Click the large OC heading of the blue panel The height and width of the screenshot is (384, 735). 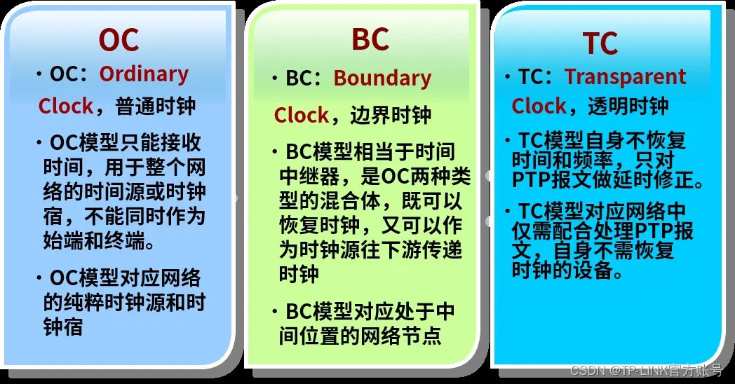tap(119, 40)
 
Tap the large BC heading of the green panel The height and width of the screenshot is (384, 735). tap(370, 40)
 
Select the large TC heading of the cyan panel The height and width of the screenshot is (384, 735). tap(600, 43)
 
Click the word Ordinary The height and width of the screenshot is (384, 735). tap(144, 74)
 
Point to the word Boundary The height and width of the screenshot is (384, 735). tap(382, 78)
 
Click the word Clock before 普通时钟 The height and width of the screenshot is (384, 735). tap(66, 107)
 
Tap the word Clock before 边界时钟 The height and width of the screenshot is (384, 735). tap(302, 115)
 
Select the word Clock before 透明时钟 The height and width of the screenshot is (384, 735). tap(539, 107)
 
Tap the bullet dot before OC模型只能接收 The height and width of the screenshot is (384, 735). tap(39, 144)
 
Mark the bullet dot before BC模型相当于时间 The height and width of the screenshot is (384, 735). tap(276, 152)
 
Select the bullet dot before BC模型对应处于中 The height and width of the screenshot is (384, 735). tap(276, 311)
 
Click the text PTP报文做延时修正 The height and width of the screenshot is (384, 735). tap(607, 182)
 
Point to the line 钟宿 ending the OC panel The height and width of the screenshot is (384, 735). tap(63, 327)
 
